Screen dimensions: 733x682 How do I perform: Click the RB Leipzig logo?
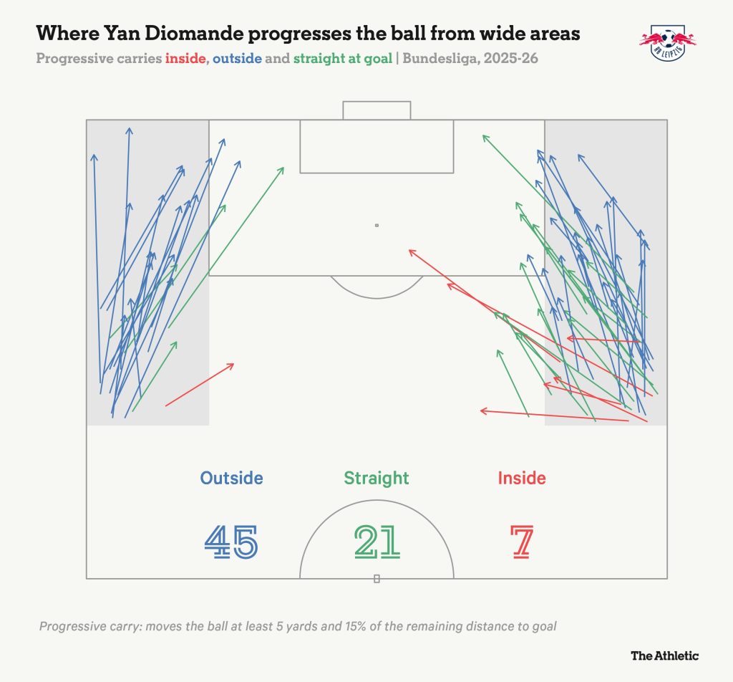click(x=668, y=43)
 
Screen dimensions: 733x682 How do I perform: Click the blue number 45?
click(x=231, y=542)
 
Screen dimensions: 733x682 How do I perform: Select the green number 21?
click(x=377, y=542)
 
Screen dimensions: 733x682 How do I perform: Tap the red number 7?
click(x=522, y=542)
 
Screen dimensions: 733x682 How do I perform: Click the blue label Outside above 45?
click(x=231, y=478)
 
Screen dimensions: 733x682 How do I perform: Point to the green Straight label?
click(x=377, y=479)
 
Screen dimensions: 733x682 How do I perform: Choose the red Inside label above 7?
click(x=522, y=478)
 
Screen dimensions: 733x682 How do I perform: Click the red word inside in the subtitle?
click(x=185, y=59)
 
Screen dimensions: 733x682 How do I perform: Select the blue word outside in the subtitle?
click(x=237, y=59)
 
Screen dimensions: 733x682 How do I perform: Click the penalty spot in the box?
click(x=377, y=226)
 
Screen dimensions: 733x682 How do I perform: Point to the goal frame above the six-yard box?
click(x=377, y=102)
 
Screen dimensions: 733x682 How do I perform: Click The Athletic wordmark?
click(x=665, y=655)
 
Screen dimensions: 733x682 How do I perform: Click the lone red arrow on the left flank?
click(x=200, y=385)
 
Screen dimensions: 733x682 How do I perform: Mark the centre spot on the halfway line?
click(x=377, y=579)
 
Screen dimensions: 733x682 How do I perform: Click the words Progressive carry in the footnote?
click(x=89, y=626)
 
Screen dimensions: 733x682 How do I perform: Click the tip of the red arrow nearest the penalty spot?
click(x=409, y=250)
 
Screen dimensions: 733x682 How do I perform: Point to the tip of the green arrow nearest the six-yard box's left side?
click(x=283, y=168)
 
